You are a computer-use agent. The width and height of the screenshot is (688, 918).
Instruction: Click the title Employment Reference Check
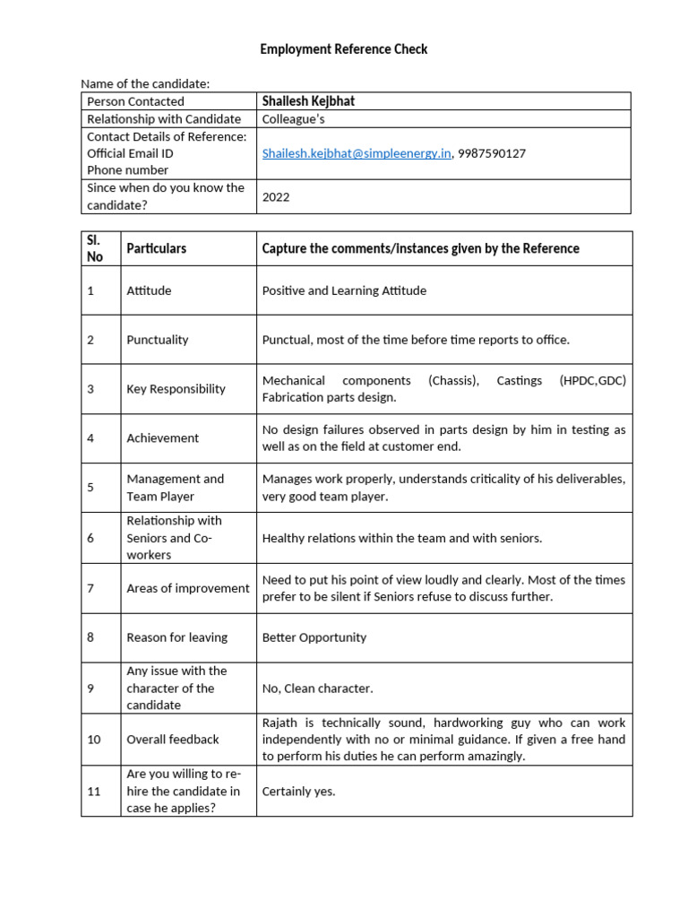(x=343, y=49)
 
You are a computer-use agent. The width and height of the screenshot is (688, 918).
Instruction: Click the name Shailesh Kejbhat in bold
(x=307, y=101)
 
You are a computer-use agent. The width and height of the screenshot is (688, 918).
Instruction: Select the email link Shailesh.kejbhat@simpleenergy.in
(x=357, y=153)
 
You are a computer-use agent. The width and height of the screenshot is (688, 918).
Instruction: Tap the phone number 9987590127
(x=492, y=153)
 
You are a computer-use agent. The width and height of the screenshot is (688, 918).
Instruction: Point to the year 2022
(x=276, y=197)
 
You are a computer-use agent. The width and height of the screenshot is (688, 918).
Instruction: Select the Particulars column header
(x=157, y=248)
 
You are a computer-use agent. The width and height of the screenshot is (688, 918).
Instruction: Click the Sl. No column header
(x=95, y=248)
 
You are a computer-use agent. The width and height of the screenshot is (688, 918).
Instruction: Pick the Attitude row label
(x=149, y=290)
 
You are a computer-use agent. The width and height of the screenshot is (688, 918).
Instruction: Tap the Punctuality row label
(x=158, y=340)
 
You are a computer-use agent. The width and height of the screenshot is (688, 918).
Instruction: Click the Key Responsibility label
(x=176, y=389)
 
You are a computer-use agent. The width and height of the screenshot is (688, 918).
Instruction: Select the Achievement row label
(x=162, y=438)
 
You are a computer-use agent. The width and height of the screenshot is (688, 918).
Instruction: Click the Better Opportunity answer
(x=314, y=637)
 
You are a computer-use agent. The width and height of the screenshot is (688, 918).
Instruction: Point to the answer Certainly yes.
(x=298, y=792)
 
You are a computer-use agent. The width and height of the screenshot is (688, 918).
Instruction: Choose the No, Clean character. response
(x=317, y=688)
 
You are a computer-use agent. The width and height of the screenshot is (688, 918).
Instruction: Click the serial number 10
(x=94, y=740)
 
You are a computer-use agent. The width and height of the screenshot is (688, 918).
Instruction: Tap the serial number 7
(x=90, y=588)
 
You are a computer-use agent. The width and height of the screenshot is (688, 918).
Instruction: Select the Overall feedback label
(x=173, y=740)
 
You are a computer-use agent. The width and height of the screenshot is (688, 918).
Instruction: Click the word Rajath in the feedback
(x=279, y=723)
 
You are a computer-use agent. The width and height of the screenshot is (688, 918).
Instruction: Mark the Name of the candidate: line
(x=145, y=83)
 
